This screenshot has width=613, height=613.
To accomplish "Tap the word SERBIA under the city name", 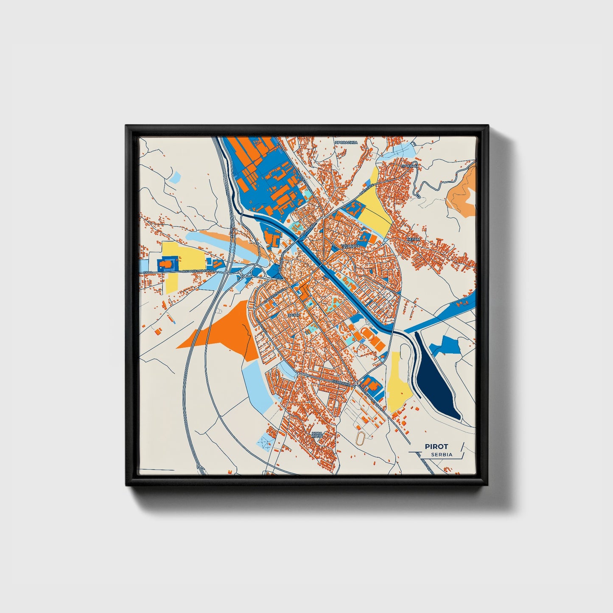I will click(441, 454).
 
